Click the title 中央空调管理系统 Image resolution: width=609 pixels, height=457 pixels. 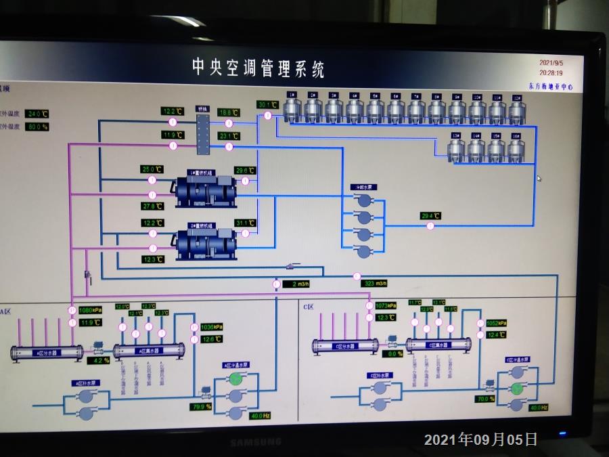tap(258, 68)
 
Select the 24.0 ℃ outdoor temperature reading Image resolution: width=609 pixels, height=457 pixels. tap(37, 114)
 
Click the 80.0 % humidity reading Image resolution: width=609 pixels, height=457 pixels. tap(37, 127)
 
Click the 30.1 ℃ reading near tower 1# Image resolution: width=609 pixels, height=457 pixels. tap(267, 104)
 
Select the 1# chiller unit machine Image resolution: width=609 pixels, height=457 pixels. tap(205, 191)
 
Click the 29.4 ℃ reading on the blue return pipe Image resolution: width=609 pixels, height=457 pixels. tap(430, 216)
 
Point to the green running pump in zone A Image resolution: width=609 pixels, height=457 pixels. tap(235, 379)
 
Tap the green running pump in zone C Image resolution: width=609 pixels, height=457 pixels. tap(517, 388)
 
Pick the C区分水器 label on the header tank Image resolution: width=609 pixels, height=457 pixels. tap(344, 345)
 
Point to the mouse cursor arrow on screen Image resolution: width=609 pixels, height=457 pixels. tap(539, 179)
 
